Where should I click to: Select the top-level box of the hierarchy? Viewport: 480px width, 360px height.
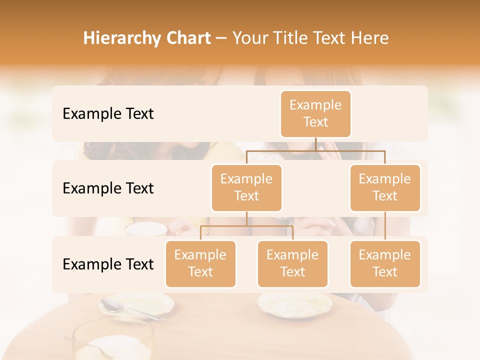click(315, 114)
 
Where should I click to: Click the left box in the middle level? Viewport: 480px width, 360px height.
click(246, 188)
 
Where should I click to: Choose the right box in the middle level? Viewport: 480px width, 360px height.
click(385, 188)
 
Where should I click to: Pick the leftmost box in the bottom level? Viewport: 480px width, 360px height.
click(200, 264)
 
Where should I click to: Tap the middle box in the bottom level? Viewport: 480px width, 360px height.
click(292, 264)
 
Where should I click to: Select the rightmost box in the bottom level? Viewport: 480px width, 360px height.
click(385, 264)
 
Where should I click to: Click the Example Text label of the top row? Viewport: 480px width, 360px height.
click(108, 114)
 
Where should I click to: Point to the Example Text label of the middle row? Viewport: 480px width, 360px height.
click(108, 188)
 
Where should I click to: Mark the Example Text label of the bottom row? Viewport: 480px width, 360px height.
click(108, 264)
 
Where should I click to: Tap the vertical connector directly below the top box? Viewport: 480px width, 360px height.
click(315, 144)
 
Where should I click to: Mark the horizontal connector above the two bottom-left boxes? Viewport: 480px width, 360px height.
click(246, 226)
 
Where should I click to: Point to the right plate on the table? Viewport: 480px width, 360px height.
click(294, 302)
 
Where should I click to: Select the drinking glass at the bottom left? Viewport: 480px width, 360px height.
click(112, 340)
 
